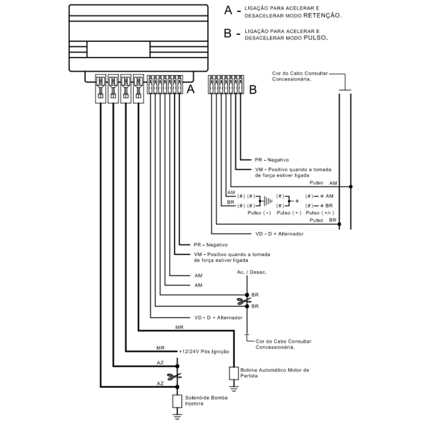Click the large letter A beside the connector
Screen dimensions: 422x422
click(x=191, y=89)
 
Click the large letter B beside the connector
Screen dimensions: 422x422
click(x=253, y=89)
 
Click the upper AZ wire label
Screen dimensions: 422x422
click(x=160, y=363)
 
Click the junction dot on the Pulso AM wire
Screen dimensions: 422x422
click(x=350, y=187)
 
